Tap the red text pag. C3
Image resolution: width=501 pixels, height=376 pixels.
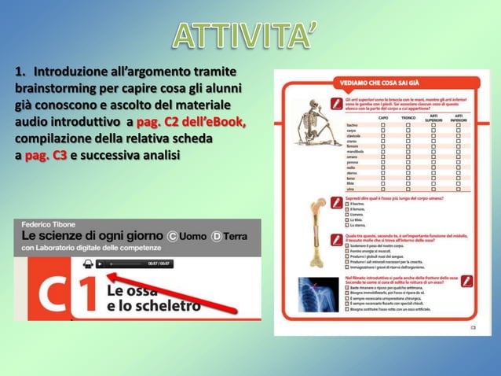pyautogui.click(x=46, y=155)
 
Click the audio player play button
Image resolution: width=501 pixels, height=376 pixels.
pyautogui.click(x=100, y=264)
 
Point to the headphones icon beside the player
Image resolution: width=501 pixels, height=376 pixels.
pyautogui.click(x=87, y=264)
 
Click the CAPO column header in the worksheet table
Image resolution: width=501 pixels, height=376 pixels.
pyautogui.click(x=383, y=119)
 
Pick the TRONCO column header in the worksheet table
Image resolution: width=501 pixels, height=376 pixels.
pyautogui.click(x=408, y=119)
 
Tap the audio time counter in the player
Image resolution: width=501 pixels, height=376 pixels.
pyautogui.click(x=159, y=264)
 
